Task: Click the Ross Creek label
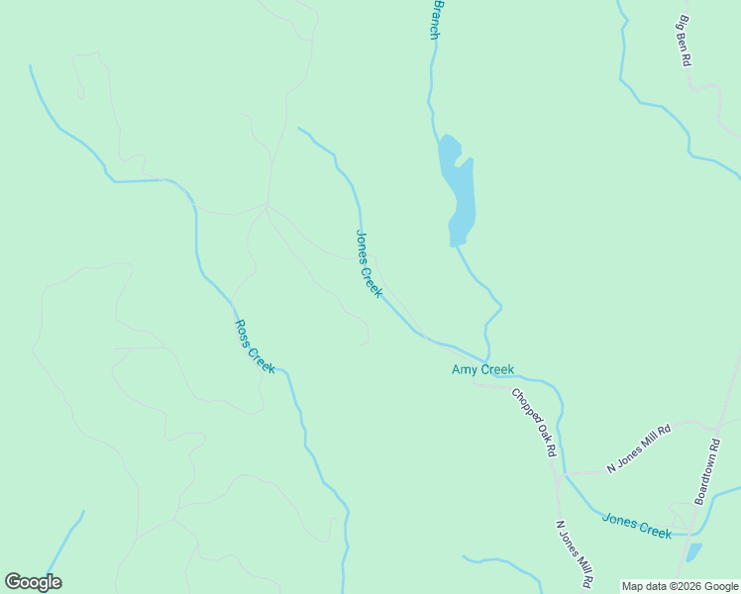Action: tap(255, 346)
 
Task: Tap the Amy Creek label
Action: tap(482, 370)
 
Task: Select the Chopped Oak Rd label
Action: tap(534, 422)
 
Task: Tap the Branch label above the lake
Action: tap(434, 20)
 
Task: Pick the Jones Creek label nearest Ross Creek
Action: tap(369, 264)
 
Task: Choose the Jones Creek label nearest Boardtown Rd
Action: tap(636, 525)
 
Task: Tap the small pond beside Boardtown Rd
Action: tap(693, 550)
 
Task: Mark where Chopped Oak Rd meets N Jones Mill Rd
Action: tap(558, 475)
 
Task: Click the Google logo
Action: tap(33, 582)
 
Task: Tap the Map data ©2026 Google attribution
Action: tap(681, 586)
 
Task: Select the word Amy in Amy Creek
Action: tap(464, 370)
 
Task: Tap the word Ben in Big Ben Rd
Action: tap(684, 43)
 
